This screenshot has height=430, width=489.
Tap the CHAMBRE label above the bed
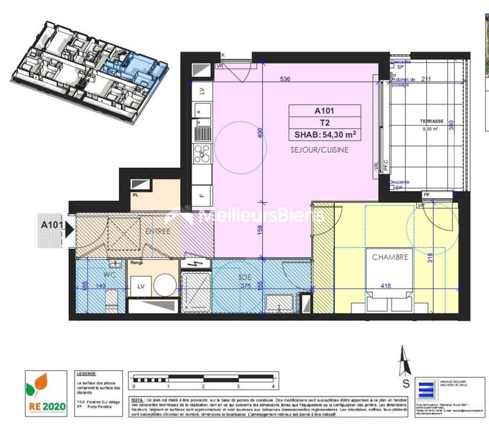pos(389,257)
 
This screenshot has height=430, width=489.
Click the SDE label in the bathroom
pos(245,275)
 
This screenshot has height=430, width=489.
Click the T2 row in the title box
pos(325,123)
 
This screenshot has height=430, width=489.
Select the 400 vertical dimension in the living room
pos(259,134)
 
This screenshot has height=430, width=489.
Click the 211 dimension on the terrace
pos(427,79)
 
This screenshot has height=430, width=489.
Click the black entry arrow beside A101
pos(69,230)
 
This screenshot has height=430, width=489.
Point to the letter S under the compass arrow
pos(405,384)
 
